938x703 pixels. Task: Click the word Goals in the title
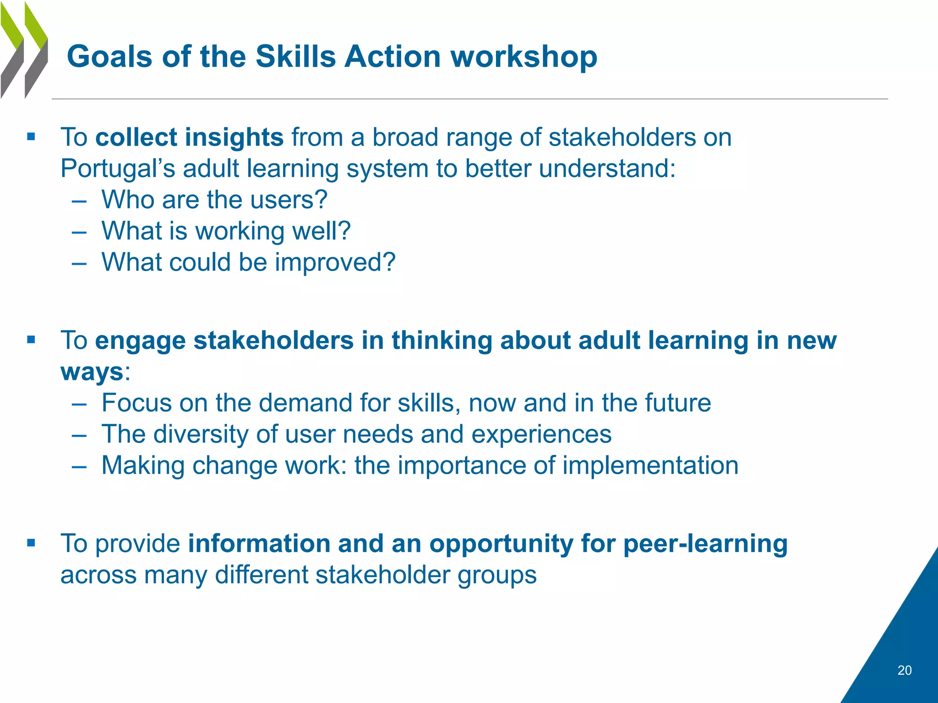[109, 57]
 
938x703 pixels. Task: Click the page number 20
[904, 671]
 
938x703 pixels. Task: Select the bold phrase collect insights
[189, 137]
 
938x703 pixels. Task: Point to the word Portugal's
[118, 168]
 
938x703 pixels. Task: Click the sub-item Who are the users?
[214, 200]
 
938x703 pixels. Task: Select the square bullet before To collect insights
[31, 136]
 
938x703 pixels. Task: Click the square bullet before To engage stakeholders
[31, 340]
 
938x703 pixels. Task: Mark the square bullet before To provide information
[31, 543]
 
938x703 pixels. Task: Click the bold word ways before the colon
[92, 372]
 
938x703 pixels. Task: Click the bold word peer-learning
[705, 544]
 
